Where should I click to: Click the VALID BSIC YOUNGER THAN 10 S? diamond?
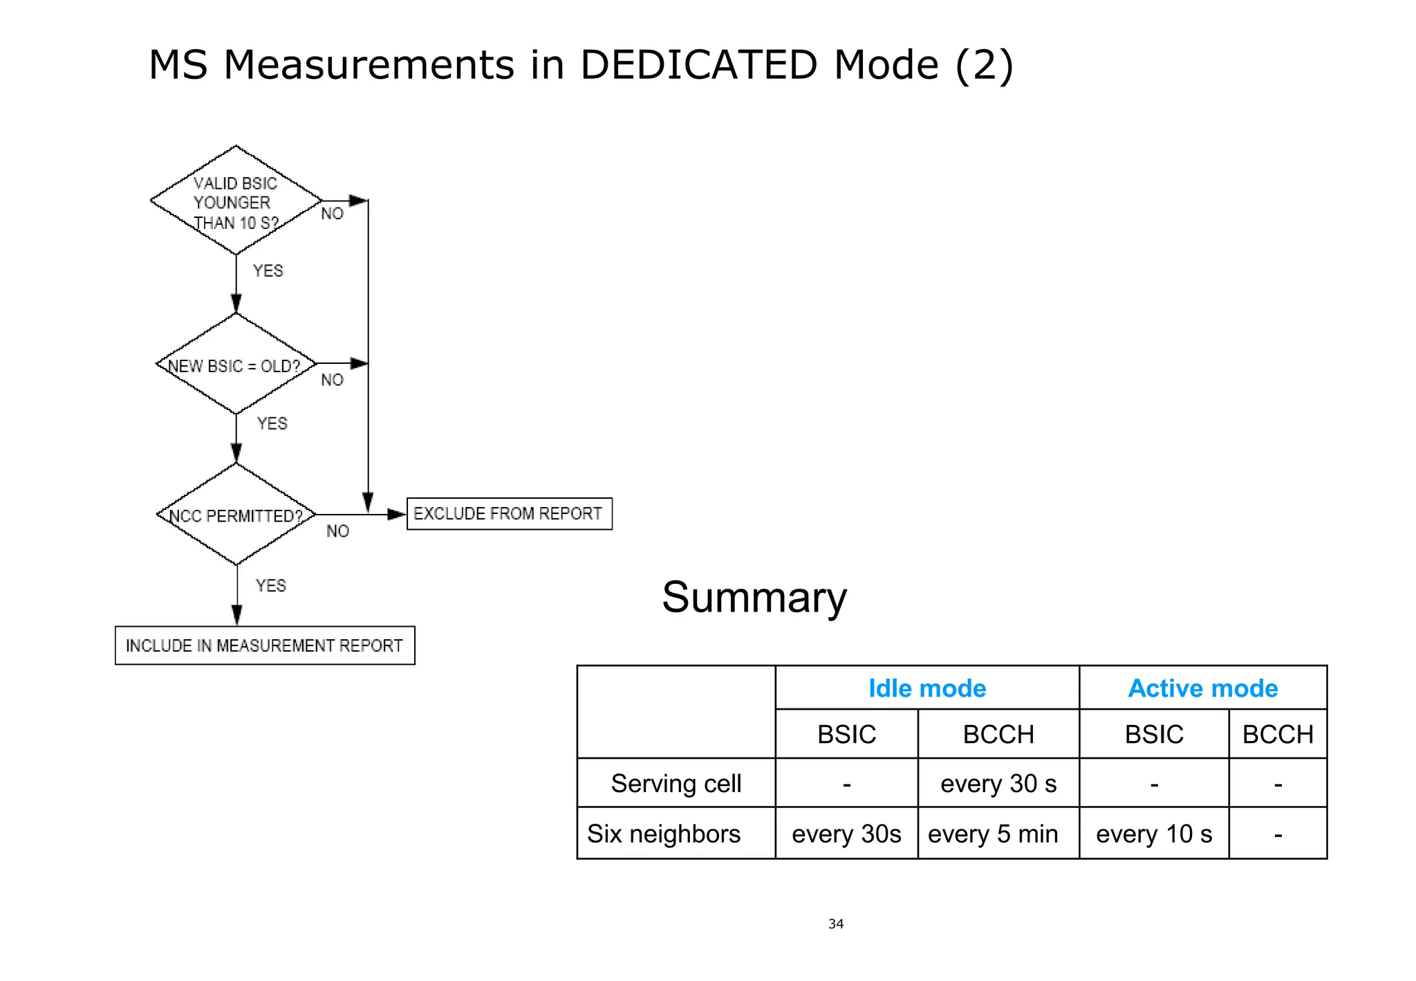coord(236,201)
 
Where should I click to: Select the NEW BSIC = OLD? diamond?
coord(236,365)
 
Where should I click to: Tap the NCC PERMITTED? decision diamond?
coord(236,515)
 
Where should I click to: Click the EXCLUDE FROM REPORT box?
coord(509,514)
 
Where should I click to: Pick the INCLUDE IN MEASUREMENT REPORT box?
coord(265,645)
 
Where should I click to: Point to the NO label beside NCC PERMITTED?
coord(337,531)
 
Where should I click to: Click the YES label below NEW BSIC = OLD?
coord(272,423)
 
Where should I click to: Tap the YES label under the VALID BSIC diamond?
coord(268,271)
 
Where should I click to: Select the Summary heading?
coord(754,597)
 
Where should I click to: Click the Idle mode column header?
coord(926,688)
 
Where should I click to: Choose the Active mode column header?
coord(1202,688)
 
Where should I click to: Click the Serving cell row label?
coord(676,784)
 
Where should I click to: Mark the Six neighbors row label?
coord(664,834)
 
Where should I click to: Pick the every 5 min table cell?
coord(993,834)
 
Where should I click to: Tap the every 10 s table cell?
coord(1153,834)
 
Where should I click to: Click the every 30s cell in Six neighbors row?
coord(846,834)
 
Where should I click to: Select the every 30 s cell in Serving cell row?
coord(998,784)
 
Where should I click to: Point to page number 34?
coord(836,924)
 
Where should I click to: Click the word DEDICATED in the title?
coord(698,65)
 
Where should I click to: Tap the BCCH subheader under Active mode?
coord(1278,734)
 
